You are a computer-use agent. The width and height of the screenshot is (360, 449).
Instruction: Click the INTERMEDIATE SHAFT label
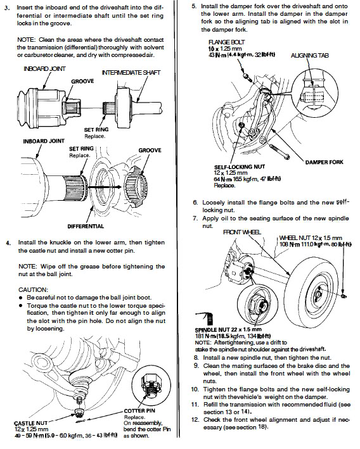(131, 73)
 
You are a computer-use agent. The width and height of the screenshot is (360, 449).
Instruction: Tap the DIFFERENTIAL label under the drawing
(86, 226)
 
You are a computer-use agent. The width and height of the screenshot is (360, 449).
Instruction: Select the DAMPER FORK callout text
(324, 162)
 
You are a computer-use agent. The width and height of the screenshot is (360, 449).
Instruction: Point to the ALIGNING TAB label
(309, 55)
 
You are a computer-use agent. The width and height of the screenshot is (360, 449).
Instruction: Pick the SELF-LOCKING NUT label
(240, 167)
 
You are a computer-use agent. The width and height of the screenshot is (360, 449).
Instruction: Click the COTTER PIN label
(139, 410)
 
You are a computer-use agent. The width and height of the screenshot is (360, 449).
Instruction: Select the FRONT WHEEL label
(242, 232)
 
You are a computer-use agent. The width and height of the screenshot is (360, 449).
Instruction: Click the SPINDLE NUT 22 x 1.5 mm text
(228, 329)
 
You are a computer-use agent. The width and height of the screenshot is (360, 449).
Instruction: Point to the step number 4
(8, 243)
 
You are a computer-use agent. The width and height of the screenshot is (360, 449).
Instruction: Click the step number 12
(195, 420)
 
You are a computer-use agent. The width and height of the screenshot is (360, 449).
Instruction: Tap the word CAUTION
(33, 289)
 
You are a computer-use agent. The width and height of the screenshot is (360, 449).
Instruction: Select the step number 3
(7, 8)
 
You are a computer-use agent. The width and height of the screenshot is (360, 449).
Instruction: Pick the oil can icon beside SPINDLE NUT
(204, 319)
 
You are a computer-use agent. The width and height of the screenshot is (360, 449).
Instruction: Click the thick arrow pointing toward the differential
(105, 187)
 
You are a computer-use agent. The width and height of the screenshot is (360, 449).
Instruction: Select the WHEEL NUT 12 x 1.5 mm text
(311, 237)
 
